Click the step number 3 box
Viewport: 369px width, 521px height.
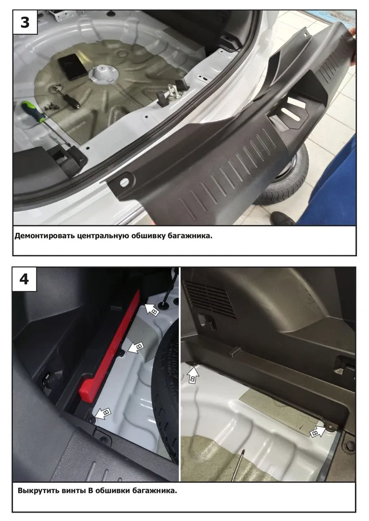25,22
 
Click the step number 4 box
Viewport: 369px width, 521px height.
24,279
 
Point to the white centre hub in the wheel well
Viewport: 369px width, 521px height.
103,72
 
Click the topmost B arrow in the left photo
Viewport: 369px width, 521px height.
152,309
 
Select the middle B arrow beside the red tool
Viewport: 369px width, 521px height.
136,347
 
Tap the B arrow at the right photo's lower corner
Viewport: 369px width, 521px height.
317,431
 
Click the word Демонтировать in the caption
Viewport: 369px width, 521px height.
44,236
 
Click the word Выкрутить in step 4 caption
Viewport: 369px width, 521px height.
39,490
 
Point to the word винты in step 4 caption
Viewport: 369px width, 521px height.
74,491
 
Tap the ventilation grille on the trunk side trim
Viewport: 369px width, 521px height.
209,299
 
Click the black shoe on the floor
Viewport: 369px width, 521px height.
282,218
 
